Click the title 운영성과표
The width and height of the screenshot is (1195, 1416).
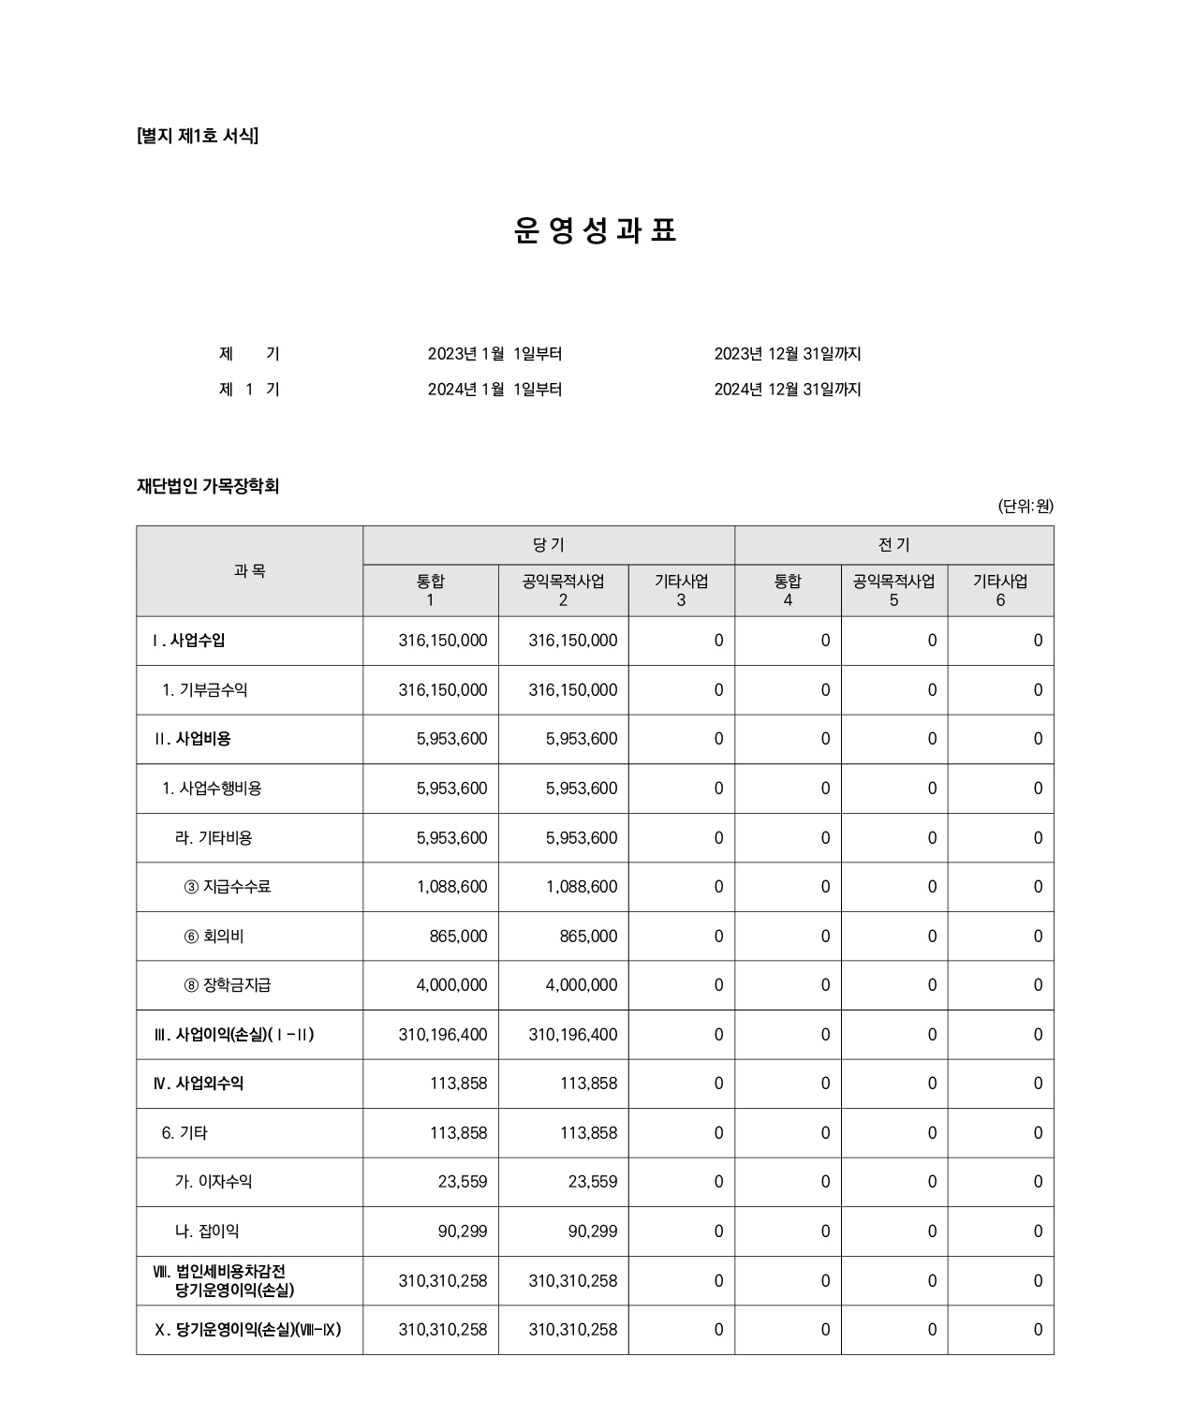pyautogui.click(x=596, y=231)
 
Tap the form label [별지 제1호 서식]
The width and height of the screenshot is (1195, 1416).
pyautogui.click(x=198, y=136)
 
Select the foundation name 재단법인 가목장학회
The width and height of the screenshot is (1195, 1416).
pyautogui.click(x=208, y=487)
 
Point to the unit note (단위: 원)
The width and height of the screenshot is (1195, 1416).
pyautogui.click(x=1025, y=507)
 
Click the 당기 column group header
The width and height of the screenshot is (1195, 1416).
pyautogui.click(x=548, y=545)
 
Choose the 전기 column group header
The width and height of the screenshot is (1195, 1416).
pyautogui.click(x=893, y=545)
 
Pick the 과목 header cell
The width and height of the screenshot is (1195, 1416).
pyautogui.click(x=249, y=570)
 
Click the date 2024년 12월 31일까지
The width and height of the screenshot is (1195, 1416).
pyautogui.click(x=787, y=390)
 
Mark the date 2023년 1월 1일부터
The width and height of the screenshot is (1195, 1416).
pyautogui.click(x=494, y=354)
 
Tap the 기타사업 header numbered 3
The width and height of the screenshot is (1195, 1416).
pyautogui.click(x=681, y=590)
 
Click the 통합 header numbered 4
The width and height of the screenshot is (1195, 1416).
pyautogui.click(x=788, y=590)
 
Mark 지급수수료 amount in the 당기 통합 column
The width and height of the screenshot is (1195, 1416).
pyautogui.click(x=451, y=887)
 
